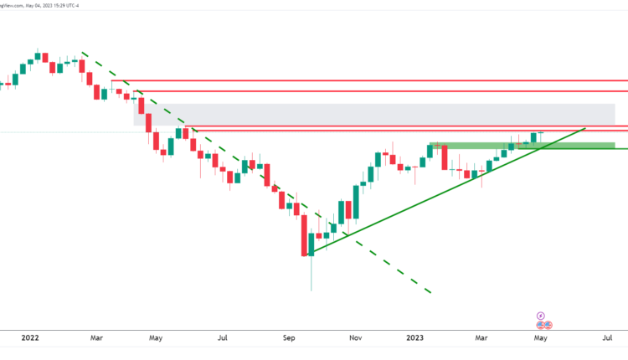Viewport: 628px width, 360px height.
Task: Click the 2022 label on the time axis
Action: point(29,338)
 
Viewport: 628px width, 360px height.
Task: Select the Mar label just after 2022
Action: point(96,338)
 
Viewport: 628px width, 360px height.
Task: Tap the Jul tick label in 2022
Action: point(223,338)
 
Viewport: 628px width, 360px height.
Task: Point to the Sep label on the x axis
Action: point(289,338)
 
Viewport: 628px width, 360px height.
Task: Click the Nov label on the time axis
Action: point(356,338)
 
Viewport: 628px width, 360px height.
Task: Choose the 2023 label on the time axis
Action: point(415,338)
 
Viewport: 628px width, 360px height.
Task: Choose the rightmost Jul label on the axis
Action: point(607,338)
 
